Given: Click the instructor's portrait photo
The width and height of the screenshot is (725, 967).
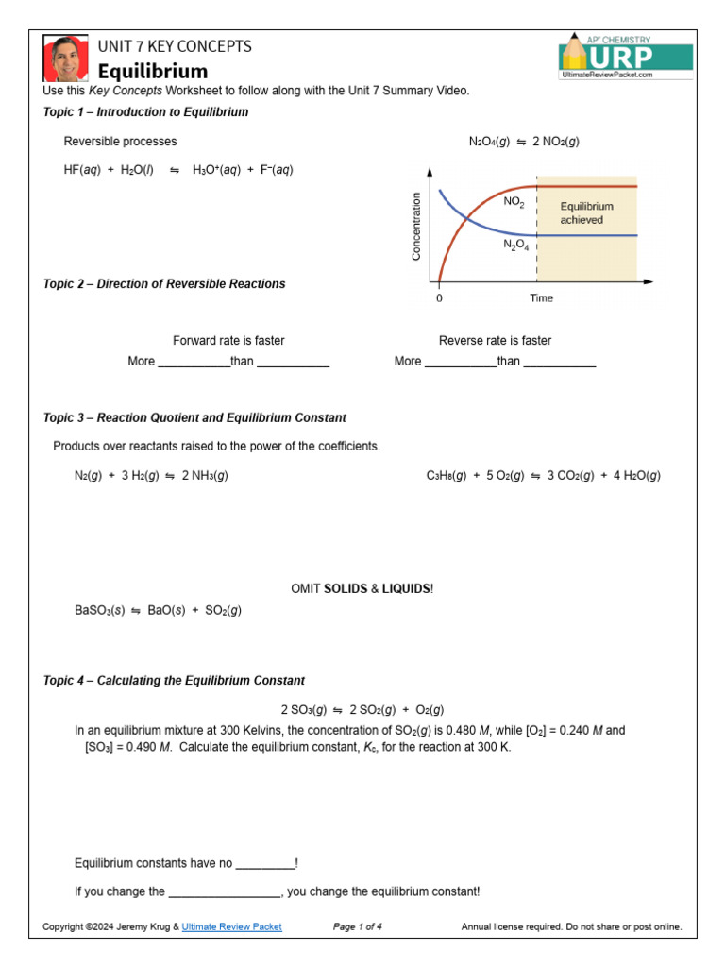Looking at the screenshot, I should click(x=65, y=59).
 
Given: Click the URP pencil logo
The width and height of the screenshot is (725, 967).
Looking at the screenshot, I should click(x=624, y=58).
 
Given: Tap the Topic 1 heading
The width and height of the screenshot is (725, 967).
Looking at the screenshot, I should click(x=145, y=112).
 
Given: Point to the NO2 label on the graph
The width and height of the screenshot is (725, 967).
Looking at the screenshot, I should click(x=514, y=202).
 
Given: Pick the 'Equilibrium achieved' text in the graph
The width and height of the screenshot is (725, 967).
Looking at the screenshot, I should click(x=586, y=212).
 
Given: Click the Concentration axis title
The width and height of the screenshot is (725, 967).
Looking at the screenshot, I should click(x=416, y=227).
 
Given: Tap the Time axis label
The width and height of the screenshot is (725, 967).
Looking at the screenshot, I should click(x=541, y=298).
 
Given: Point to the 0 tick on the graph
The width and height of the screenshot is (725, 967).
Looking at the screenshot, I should click(x=439, y=298).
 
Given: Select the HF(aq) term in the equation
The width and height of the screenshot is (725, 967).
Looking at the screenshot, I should click(x=81, y=171).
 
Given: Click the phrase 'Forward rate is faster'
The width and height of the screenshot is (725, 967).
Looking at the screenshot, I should click(x=228, y=341).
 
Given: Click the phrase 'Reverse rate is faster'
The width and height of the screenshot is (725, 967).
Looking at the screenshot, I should click(x=495, y=341).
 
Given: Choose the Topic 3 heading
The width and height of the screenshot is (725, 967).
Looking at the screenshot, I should click(x=194, y=417).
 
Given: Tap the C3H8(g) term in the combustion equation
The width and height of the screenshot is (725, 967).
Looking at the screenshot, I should click(x=447, y=476).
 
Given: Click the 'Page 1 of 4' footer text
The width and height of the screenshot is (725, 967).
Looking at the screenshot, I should click(x=358, y=927).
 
